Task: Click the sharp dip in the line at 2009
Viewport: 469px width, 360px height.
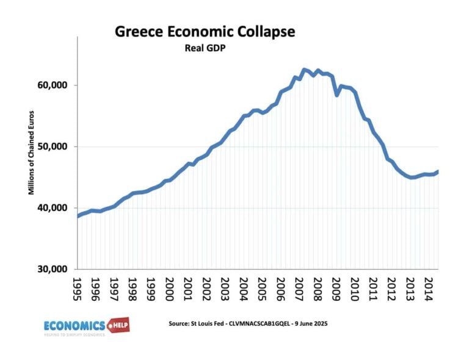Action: point(337,95)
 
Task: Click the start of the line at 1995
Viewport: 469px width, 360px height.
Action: point(78,217)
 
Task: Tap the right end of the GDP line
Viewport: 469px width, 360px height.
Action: point(438,171)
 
